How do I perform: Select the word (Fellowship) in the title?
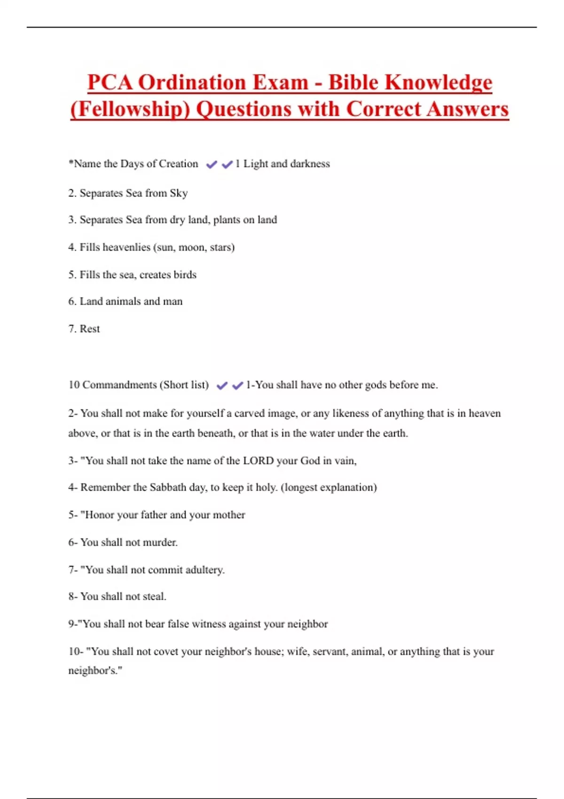point(130,110)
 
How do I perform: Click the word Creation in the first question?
point(179,164)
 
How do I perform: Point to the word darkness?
point(310,164)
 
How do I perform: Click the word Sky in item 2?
point(179,193)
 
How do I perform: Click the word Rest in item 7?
point(90,329)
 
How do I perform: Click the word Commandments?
point(119,385)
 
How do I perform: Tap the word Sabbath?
point(168,487)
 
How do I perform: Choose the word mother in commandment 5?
point(229,515)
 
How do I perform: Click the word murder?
point(160,542)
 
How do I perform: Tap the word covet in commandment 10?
point(166,652)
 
